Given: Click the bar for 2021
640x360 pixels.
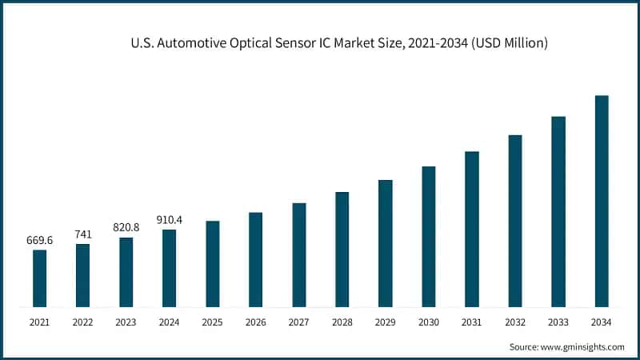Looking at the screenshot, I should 39,278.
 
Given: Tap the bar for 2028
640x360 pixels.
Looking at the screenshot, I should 342,250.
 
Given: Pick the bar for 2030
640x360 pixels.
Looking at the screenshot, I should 429,237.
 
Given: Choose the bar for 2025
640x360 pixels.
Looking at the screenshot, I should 212,264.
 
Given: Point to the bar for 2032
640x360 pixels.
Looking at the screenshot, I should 515,221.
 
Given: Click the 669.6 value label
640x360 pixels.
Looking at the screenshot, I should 39,239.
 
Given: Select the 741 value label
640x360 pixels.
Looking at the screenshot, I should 82,234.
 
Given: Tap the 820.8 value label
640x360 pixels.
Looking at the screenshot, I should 126,227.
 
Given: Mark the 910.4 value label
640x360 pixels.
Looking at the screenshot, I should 169,219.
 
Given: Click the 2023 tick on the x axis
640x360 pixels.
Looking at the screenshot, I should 126,322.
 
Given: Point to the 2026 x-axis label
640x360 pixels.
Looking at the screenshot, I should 255,322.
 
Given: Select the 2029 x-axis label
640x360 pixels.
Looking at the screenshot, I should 386,322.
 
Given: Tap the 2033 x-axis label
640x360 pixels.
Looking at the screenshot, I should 558,322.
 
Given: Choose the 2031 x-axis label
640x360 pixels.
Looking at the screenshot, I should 472,322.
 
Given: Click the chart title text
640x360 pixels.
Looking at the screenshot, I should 339,43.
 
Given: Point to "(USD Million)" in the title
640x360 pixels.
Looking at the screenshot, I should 509,43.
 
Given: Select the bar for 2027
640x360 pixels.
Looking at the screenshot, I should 298,255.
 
